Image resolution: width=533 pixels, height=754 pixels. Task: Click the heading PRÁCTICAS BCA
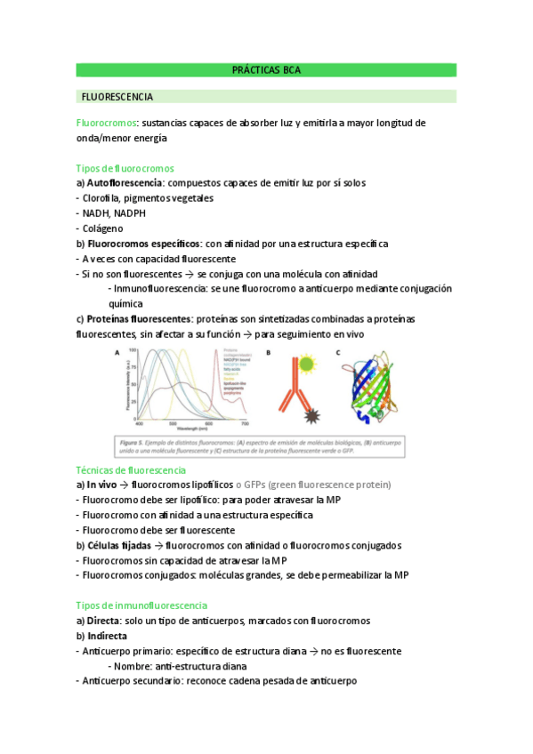pyautogui.click(x=266, y=69)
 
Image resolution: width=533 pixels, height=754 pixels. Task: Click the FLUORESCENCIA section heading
pyautogui.click(x=117, y=96)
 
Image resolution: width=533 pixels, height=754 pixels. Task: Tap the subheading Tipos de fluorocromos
pyautogui.click(x=125, y=168)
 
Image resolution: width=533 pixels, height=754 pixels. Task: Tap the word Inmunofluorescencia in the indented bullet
pyautogui.click(x=158, y=289)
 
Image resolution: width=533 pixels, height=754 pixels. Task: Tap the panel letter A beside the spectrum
pyautogui.click(x=115, y=353)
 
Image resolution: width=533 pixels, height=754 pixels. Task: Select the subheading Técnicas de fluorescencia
pyautogui.click(x=131, y=469)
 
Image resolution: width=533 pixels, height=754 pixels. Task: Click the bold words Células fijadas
pyautogui.click(x=120, y=545)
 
